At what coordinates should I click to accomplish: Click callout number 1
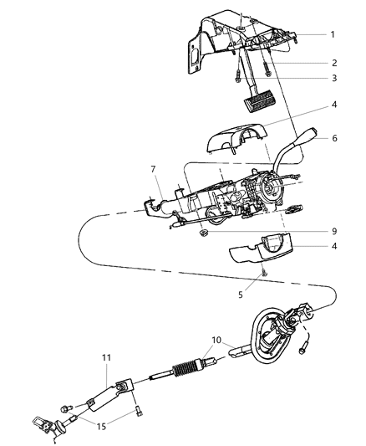[332, 34]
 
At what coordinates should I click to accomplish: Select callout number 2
[332, 63]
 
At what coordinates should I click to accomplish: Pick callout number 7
[152, 170]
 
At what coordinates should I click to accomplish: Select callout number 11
[105, 357]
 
